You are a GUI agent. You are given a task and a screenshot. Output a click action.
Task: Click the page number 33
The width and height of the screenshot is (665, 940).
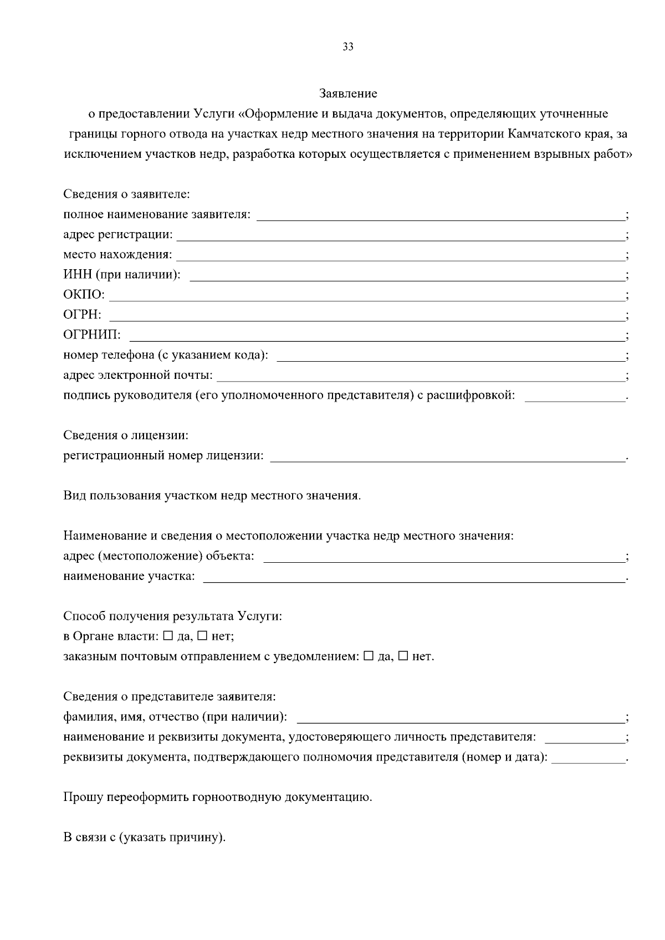coord(347,47)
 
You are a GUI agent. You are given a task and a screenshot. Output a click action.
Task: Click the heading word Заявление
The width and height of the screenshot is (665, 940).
coord(348,93)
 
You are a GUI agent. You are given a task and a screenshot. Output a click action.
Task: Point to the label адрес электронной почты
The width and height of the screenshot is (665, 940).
coord(137,376)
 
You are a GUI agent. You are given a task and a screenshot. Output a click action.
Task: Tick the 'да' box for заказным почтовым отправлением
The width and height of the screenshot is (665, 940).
coord(369,656)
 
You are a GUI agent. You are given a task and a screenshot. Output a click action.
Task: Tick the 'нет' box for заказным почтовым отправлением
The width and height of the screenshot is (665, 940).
coord(403,656)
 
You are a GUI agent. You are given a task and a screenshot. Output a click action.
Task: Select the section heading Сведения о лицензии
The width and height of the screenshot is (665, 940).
coord(126,435)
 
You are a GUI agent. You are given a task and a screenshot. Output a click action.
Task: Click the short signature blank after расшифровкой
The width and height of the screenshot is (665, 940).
coord(574,399)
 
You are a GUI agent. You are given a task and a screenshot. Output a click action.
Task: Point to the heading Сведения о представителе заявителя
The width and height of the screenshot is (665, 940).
coord(169,696)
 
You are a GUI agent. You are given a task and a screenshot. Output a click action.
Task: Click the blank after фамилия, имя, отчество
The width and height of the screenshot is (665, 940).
coord(460,721)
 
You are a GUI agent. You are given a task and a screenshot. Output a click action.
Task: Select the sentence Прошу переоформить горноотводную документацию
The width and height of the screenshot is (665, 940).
coord(217,797)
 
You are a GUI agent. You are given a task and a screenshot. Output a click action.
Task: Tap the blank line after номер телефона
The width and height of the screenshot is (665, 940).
coord(450,359)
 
